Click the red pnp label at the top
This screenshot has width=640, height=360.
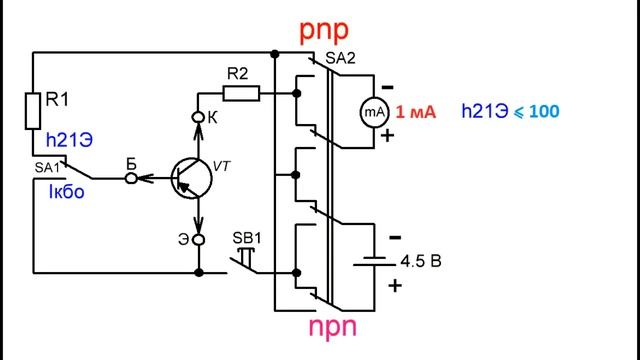(x=324, y=31)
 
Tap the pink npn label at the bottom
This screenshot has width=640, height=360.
(x=332, y=327)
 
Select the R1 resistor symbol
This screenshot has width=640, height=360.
(x=33, y=111)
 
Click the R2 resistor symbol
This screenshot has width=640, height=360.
(x=241, y=93)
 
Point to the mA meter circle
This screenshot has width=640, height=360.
(x=374, y=112)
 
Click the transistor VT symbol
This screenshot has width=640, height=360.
(x=191, y=178)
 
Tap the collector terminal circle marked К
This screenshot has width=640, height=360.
(x=198, y=118)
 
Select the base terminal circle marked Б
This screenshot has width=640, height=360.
(x=131, y=178)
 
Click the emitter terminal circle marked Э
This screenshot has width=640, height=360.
(x=198, y=240)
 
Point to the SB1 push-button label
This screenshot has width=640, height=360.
(x=247, y=238)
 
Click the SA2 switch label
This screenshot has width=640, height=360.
(x=340, y=58)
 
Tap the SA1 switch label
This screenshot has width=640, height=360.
(x=47, y=167)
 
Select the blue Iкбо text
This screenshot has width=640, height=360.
(x=67, y=191)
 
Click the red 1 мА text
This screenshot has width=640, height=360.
(x=416, y=112)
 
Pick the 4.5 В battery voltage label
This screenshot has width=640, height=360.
(x=421, y=261)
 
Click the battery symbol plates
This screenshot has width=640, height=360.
(x=374, y=261)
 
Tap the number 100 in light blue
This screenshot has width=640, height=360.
(x=544, y=111)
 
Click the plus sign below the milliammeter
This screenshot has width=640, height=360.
(x=387, y=136)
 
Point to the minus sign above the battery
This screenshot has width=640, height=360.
(x=395, y=237)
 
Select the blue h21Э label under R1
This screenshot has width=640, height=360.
(x=69, y=140)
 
